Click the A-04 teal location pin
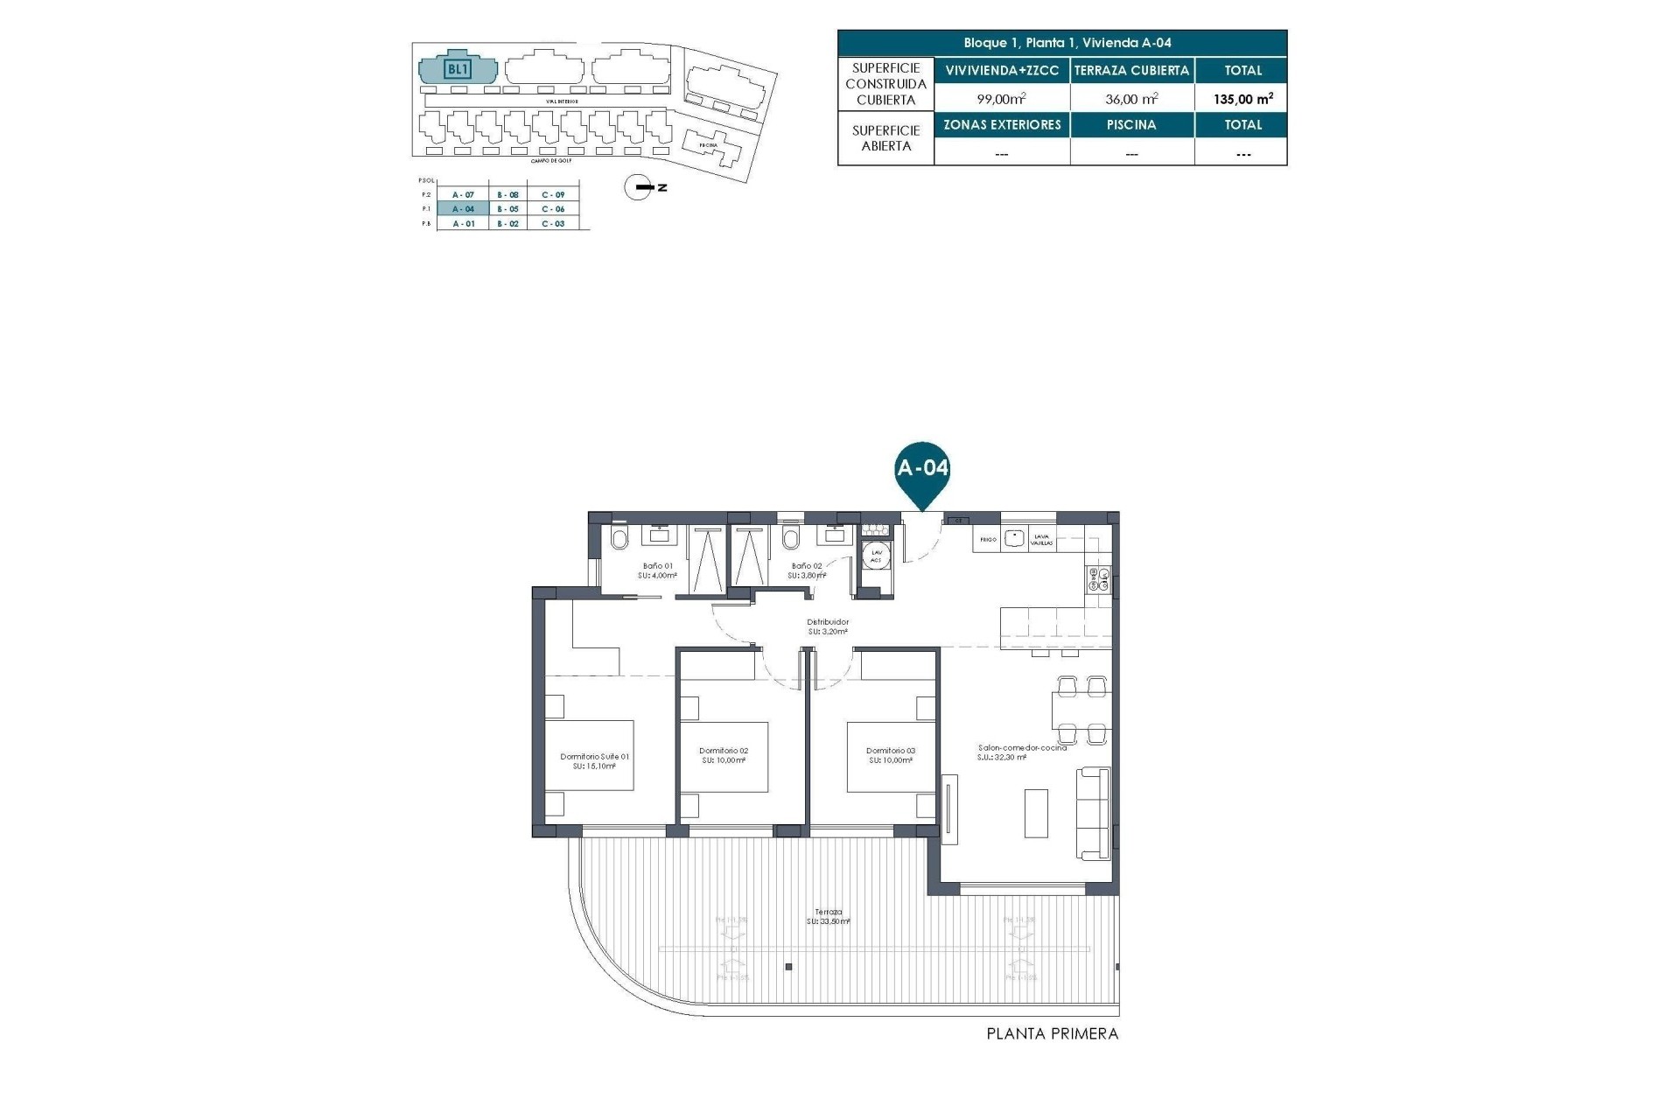922,470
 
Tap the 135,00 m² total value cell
1242,99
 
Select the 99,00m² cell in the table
1001,99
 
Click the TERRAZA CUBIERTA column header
1131,70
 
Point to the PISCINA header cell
1131,124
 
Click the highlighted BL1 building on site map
458,68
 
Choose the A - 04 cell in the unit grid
464,209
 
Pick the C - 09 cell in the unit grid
553,194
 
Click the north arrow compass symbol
640,187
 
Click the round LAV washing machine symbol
876,556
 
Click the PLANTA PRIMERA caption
1052,1033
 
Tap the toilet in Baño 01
619,539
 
